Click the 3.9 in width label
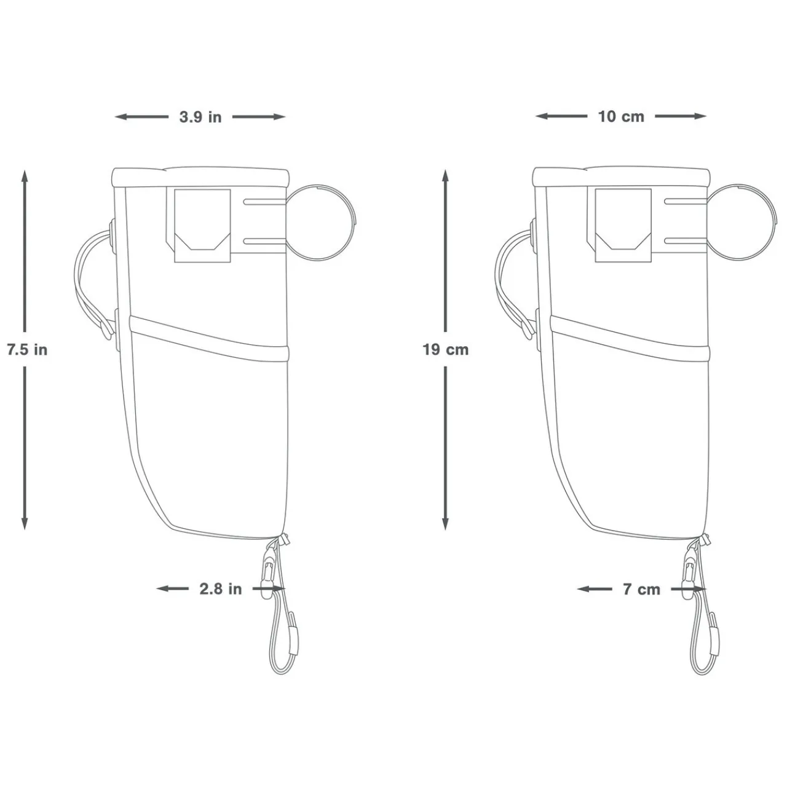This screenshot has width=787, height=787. (x=200, y=117)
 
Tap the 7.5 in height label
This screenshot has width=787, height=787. (x=27, y=350)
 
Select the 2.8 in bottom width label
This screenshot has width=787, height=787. (x=221, y=589)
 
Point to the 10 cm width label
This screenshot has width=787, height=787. (x=621, y=116)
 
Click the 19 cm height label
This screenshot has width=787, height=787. (x=446, y=350)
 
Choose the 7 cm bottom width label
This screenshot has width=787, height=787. (x=641, y=589)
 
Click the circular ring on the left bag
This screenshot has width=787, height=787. (x=321, y=221)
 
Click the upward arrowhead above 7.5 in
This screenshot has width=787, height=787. (x=25, y=176)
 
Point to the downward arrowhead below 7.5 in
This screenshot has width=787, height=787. (x=25, y=523)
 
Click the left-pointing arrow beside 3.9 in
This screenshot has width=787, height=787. (x=140, y=117)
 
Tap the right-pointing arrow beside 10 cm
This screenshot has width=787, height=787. (x=681, y=116)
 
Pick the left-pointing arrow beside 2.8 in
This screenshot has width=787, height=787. (x=173, y=589)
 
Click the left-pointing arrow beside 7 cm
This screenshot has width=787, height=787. (x=594, y=589)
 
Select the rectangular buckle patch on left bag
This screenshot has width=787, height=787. (x=202, y=226)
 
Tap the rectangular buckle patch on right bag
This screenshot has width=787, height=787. (x=623, y=226)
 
